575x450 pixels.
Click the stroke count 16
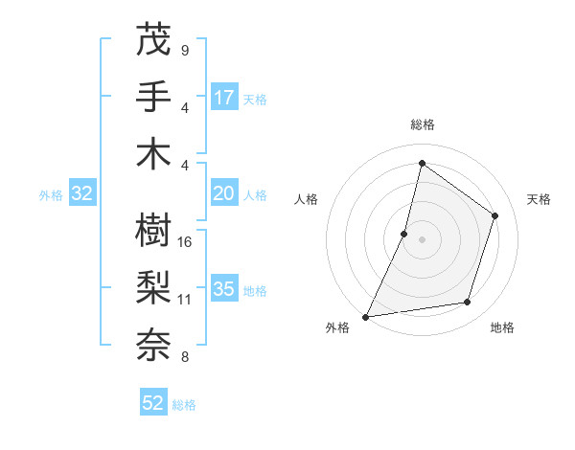186,242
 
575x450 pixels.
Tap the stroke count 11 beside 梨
185,300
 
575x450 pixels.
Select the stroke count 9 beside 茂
184,50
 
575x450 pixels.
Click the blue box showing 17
224,97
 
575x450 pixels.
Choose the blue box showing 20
224,193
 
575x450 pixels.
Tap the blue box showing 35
224,289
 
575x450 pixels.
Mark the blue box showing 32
82,193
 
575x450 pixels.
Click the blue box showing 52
153,403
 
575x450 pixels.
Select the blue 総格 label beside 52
184,405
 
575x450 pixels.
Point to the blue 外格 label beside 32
51,195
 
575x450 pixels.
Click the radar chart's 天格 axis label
539,199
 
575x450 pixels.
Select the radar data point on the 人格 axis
404,234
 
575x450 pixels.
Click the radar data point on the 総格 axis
422,163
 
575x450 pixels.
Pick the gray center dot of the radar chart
422,239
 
